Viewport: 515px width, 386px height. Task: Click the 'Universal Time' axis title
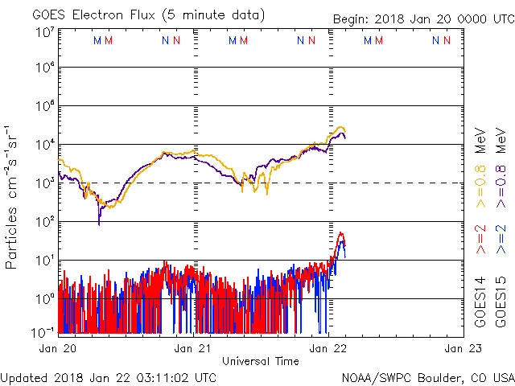260,361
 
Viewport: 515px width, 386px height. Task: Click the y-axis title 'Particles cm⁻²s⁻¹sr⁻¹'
12,196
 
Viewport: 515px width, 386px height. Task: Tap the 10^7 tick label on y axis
43,33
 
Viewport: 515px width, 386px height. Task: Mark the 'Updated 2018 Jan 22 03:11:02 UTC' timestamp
109,377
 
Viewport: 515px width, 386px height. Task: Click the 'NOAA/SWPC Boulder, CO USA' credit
427,377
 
